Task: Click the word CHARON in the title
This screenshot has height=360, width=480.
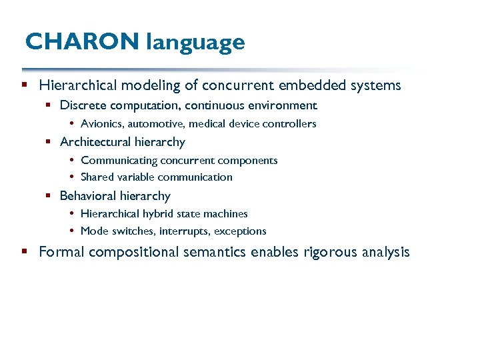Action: [x=82, y=42]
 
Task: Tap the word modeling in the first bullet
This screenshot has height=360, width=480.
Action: [x=166, y=85]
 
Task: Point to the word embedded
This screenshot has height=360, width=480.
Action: [x=316, y=85]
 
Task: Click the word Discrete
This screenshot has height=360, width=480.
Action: [x=82, y=105]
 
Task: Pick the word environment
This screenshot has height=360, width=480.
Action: [x=282, y=105]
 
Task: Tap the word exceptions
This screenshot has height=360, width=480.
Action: [x=240, y=231]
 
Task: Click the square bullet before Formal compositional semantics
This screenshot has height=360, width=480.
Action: [x=24, y=252]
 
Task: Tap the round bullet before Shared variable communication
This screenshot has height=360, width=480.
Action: [x=71, y=177]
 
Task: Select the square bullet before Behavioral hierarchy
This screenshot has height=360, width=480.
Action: [x=49, y=196]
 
